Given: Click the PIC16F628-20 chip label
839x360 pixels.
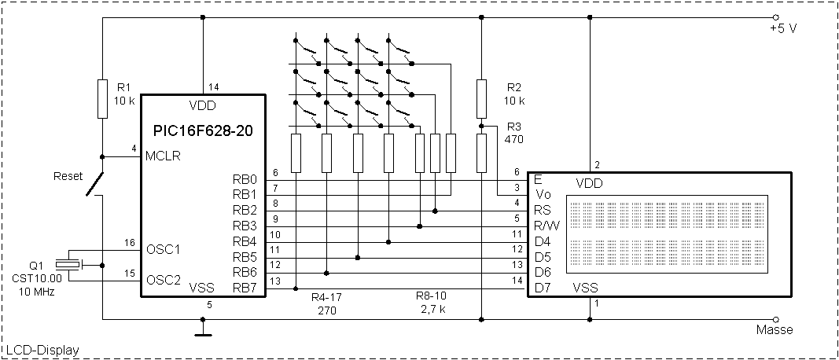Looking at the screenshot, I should point(203,128).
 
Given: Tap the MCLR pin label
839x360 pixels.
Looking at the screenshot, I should point(164,156).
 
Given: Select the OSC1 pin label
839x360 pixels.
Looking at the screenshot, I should point(164,249).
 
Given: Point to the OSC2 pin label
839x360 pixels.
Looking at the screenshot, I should point(164,279).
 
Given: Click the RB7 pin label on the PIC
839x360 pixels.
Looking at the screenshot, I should point(245,288).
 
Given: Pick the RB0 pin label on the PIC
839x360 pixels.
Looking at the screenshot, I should point(245,178).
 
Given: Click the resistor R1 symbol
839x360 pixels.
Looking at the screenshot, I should point(102,98).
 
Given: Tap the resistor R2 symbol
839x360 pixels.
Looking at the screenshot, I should point(480,98).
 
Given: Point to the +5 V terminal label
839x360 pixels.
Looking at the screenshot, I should point(784,29).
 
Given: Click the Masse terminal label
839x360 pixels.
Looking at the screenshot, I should point(775,329).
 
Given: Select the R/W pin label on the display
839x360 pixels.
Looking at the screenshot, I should point(550,225).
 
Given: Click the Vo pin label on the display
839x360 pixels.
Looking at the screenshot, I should point(543,194).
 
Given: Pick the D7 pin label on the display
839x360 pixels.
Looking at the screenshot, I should point(543,288).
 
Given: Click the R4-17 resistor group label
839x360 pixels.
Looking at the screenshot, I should point(327,298).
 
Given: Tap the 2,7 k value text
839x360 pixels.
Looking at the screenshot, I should point(432,310).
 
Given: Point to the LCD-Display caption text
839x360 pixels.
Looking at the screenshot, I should point(42,349).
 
